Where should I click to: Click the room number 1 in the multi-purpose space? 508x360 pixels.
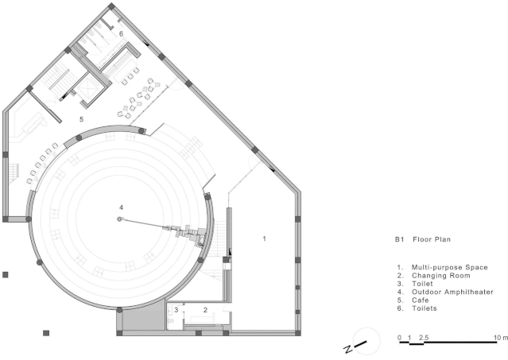pos(265,238)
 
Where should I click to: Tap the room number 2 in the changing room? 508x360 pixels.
pos(205,310)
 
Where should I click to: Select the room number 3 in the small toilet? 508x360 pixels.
pos(176,310)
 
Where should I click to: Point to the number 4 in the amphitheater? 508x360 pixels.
pos(121,207)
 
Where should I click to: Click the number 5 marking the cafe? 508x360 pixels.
pos(81,119)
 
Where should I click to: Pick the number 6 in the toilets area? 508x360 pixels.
pos(121,33)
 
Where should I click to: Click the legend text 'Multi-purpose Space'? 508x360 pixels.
pos(450,267)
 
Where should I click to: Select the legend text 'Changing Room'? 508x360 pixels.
pos(441,276)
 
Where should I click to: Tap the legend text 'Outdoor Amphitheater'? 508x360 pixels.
pos(452,292)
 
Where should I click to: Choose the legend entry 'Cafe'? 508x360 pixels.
pos(421,300)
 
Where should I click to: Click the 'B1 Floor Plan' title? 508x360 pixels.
pos(423,239)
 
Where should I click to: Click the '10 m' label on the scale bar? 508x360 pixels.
pos(501,338)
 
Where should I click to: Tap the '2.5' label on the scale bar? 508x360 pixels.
pos(424,338)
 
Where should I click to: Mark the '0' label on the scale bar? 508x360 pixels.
pos(399,338)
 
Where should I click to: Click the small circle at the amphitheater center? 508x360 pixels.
pos(119,219)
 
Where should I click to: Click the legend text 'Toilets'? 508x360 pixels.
pos(425,308)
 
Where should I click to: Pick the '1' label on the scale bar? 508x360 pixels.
pos(409,338)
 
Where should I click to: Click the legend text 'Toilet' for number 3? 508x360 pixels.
pos(422,284)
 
